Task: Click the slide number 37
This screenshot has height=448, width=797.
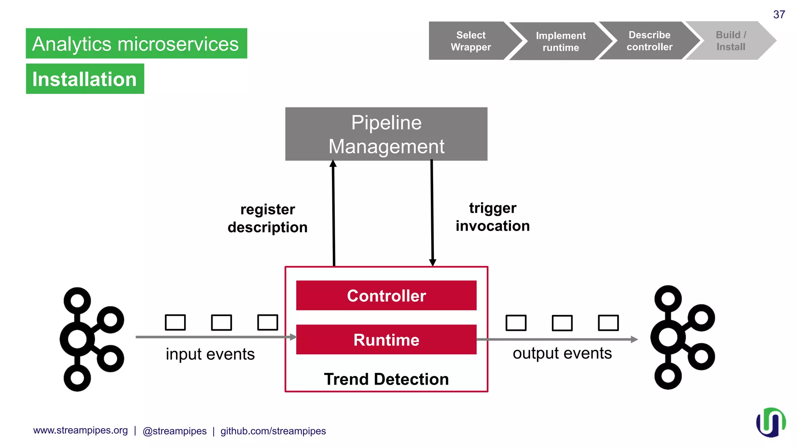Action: point(779,14)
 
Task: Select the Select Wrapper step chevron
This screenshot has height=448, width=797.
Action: point(470,41)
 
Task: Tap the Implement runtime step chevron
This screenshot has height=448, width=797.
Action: point(560,41)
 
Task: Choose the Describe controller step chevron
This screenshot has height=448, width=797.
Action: point(649,41)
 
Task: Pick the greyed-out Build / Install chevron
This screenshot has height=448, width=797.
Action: point(730,41)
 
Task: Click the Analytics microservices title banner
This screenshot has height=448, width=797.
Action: point(136,44)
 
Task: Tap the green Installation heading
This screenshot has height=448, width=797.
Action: point(85,79)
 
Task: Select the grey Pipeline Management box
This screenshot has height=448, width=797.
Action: point(386,134)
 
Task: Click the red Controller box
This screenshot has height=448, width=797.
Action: point(386,296)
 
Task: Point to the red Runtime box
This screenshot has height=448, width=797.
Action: point(386,339)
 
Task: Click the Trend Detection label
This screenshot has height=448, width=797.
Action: point(386,379)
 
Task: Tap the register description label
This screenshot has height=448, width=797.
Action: point(268,218)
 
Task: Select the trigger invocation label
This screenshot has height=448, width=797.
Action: point(493,217)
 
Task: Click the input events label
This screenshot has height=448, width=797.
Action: point(210,354)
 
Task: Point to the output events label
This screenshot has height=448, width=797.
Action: point(562,353)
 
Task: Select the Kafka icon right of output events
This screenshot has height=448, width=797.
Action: point(682,338)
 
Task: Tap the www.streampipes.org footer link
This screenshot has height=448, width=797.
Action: point(81,430)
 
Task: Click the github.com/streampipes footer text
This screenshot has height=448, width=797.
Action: point(273,431)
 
